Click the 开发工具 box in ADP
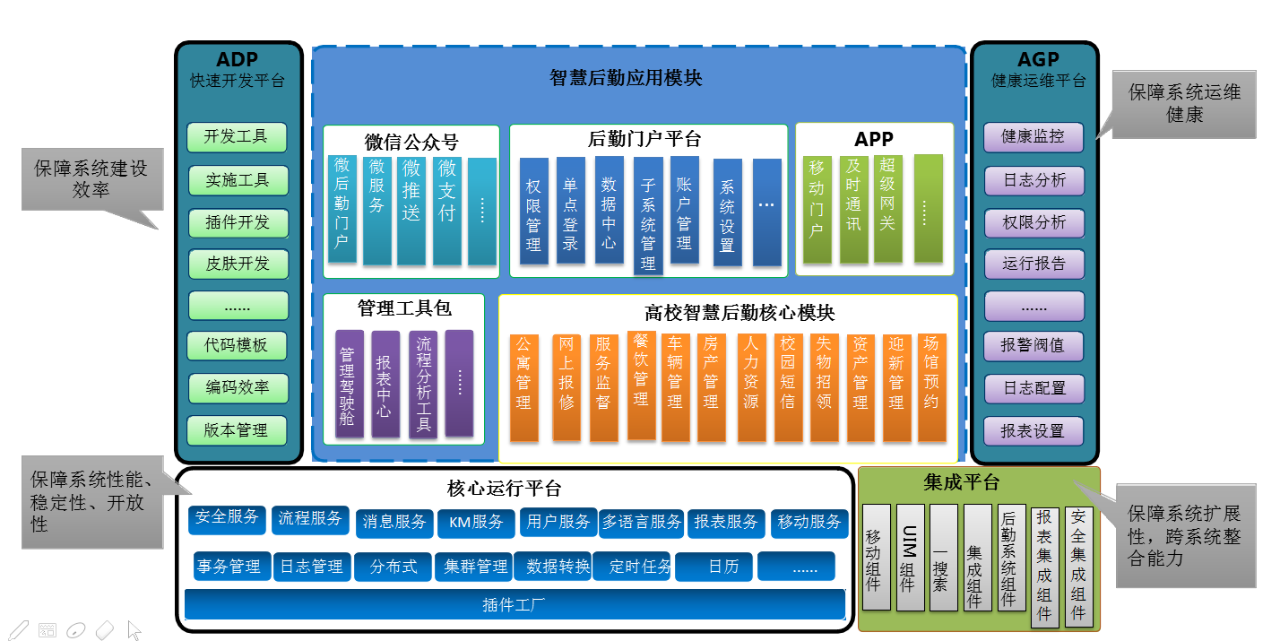click(x=237, y=137)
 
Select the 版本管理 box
click(x=237, y=430)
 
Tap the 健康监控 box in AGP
click(x=1034, y=137)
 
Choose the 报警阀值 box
click(x=1034, y=346)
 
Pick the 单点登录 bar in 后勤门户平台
click(x=570, y=211)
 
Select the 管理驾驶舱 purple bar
click(x=349, y=384)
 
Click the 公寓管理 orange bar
click(x=523, y=387)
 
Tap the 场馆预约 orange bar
click(x=931, y=387)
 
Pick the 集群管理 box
click(x=474, y=567)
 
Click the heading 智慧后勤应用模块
click(x=626, y=78)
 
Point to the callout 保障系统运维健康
click(x=1184, y=104)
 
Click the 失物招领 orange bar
click(x=824, y=387)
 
